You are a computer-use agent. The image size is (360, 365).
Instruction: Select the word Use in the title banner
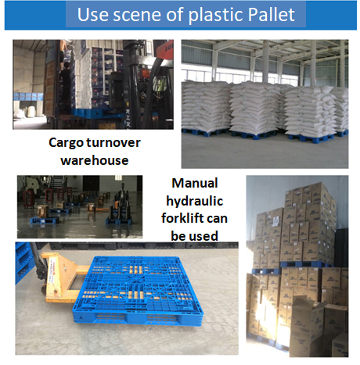[x=93, y=14]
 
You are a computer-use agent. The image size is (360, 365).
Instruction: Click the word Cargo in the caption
[x=65, y=143]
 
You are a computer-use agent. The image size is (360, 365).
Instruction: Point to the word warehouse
[x=95, y=160]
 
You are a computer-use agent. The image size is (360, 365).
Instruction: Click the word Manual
[x=195, y=183]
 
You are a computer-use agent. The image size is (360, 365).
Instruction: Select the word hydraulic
[x=195, y=202]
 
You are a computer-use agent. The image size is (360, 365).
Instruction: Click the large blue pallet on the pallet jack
[x=139, y=289]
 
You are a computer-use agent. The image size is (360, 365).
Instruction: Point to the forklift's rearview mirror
[x=160, y=84]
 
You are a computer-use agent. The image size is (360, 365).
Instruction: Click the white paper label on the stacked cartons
[x=275, y=221]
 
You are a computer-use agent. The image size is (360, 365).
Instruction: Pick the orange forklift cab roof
[x=165, y=48]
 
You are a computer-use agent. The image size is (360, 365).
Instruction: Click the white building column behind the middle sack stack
[x=265, y=62]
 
